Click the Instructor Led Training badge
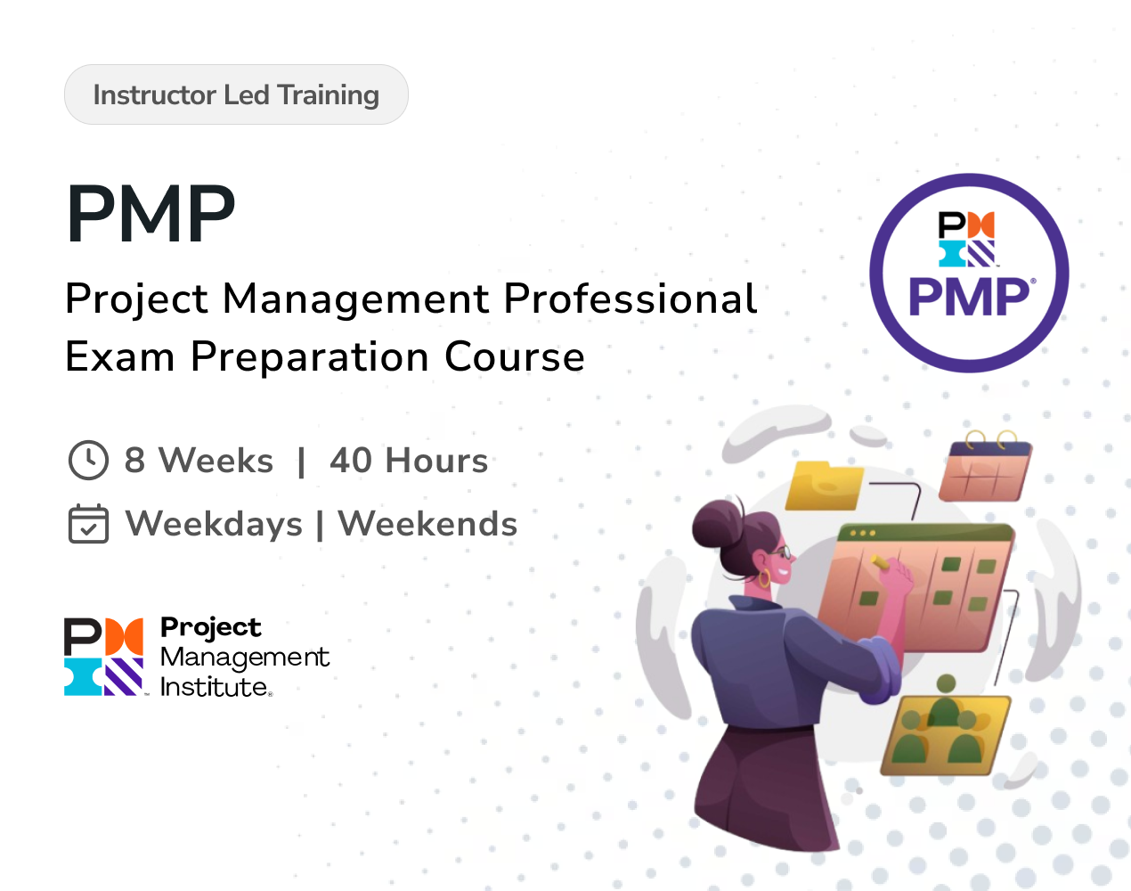pyautogui.click(x=236, y=94)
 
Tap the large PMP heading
pyautogui.click(x=151, y=214)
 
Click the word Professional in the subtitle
pyautogui.click(x=631, y=298)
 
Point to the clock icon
pyautogui.click(x=88, y=460)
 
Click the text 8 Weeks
pyautogui.click(x=199, y=461)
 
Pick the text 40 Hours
pyautogui.click(x=409, y=461)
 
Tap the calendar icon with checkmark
pyautogui.click(x=88, y=524)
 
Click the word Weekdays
pyautogui.click(x=214, y=524)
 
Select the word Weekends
pyautogui.click(x=427, y=524)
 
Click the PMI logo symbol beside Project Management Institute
pyautogui.click(x=103, y=657)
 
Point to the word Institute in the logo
pyautogui.click(x=214, y=687)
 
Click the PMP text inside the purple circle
pyautogui.click(x=968, y=297)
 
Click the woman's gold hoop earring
pyautogui.click(x=763, y=578)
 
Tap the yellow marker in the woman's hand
pyautogui.click(x=879, y=561)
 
